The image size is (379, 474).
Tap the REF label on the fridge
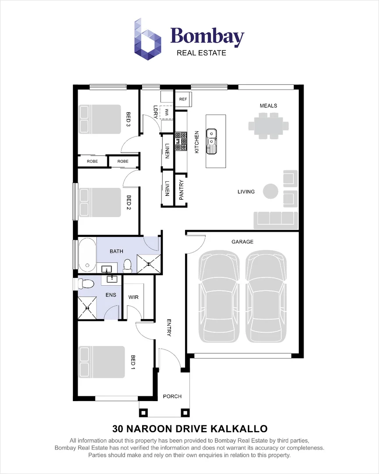[183, 99]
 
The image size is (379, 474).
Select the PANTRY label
[181, 190]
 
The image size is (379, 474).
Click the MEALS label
[268, 106]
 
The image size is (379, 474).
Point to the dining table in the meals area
[268, 126]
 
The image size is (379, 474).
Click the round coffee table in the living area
[270, 191]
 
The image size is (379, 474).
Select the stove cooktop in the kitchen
[181, 142]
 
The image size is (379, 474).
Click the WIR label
[133, 297]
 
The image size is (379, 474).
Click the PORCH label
[172, 396]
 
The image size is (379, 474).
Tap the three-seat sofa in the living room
[276, 218]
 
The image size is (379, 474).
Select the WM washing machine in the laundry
[167, 112]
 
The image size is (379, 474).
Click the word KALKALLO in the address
[240, 428]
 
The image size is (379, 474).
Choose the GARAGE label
[242, 242]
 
